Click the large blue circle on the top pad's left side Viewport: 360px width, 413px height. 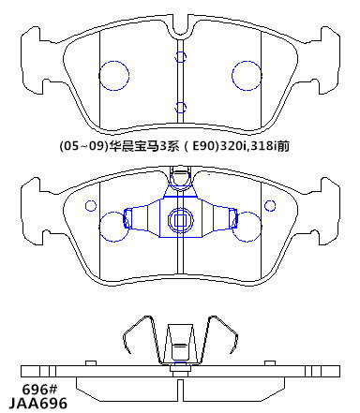pos(98,76)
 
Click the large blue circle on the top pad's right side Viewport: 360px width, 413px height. pos(232,76)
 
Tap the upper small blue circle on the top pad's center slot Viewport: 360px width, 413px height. pos(180,52)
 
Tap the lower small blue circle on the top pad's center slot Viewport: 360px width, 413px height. pos(180,102)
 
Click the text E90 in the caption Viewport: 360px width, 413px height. pos(204,146)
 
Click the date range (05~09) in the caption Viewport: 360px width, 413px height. pos(83,146)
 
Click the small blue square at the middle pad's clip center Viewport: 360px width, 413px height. pos(180,220)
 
